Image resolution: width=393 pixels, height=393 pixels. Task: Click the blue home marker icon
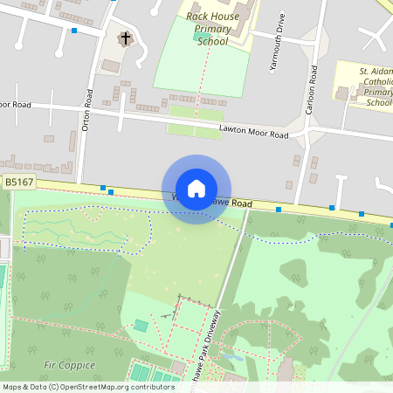click(x=196, y=188)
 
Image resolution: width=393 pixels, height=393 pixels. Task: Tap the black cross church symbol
click(x=125, y=38)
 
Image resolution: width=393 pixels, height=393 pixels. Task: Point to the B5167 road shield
click(x=18, y=183)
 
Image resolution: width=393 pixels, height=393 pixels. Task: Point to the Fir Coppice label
click(x=68, y=363)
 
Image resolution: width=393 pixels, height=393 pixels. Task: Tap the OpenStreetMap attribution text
click(x=87, y=387)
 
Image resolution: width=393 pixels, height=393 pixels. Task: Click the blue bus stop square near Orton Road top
click(x=75, y=31)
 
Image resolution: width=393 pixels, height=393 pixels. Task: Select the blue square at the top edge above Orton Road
click(x=114, y=2)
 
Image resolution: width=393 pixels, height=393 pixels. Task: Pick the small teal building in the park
click(x=141, y=326)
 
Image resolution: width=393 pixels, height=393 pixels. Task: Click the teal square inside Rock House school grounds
click(x=196, y=37)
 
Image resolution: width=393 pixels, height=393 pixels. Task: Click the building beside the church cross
click(x=112, y=65)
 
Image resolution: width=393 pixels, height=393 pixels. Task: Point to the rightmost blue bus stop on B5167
click(x=362, y=214)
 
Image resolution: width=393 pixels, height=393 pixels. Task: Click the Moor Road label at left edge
click(x=16, y=105)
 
